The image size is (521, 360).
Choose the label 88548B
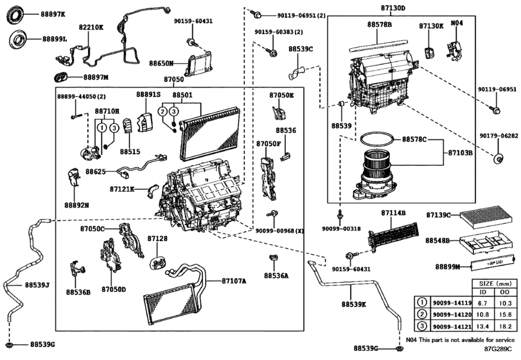[438, 240]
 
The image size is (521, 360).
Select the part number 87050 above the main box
[173, 80]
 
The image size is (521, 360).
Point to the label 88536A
[276, 275]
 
